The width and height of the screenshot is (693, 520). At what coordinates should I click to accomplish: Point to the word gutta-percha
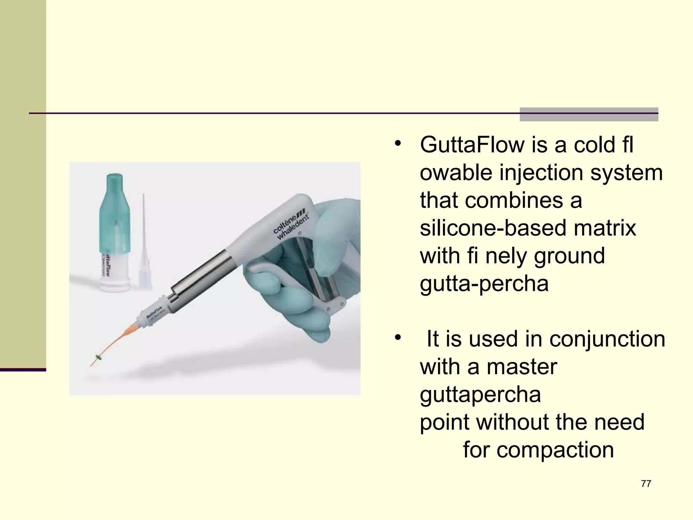tap(484, 283)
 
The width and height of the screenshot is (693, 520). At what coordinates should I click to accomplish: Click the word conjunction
tap(607, 339)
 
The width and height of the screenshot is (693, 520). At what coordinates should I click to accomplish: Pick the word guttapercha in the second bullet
tap(480, 394)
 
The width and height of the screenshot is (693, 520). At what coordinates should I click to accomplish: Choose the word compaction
tap(555, 450)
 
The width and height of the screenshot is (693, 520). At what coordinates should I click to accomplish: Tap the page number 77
tap(646, 484)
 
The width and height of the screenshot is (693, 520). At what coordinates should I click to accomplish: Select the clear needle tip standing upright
tap(144, 244)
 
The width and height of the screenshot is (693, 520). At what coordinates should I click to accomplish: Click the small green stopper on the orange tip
tap(99, 357)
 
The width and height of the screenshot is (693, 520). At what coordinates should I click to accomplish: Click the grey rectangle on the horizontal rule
tap(588, 114)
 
